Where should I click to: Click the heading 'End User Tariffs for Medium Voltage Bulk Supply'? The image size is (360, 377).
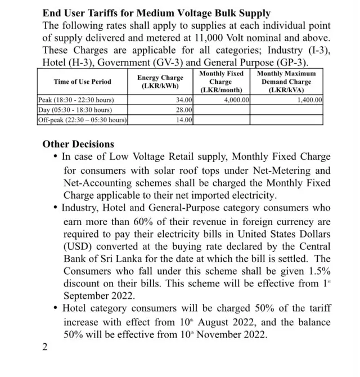pos(156,13)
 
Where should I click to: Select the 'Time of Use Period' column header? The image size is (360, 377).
pos(83,82)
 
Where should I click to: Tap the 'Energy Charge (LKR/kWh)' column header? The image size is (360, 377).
pos(160,82)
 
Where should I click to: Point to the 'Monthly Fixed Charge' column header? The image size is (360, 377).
pos(221,82)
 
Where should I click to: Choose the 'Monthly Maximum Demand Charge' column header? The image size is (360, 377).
pos(286,82)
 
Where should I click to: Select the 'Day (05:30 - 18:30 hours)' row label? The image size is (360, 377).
pos(74,110)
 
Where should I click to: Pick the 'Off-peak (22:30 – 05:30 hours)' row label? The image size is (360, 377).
pos(82,120)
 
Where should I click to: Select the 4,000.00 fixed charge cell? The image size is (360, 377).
pos(236,100)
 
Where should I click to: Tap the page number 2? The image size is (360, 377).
pos(45,346)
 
